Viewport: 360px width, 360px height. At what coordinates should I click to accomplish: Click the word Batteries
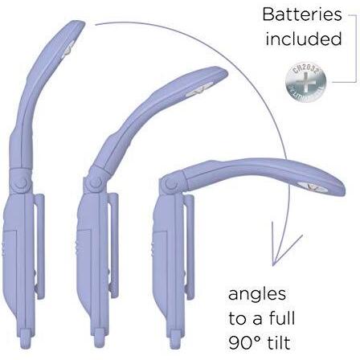302,14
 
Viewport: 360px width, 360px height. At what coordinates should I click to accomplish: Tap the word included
304,39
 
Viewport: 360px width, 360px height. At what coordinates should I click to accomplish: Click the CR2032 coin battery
306,84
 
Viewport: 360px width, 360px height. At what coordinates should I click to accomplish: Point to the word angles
257,295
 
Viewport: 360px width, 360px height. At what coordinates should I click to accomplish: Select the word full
282,318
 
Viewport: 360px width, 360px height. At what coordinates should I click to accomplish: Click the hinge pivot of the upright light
21,183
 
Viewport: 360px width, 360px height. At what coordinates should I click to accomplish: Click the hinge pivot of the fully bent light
171,184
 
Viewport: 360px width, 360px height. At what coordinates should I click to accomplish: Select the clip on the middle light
114,245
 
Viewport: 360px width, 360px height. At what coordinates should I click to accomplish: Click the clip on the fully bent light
190,247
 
